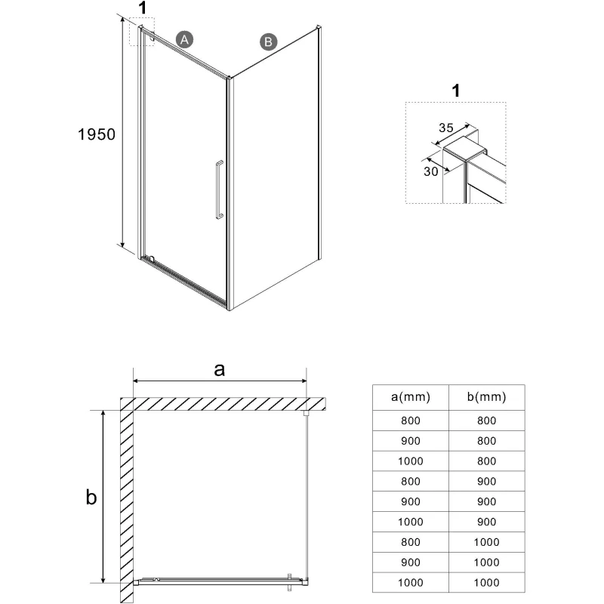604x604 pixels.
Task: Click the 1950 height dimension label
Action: tap(97, 134)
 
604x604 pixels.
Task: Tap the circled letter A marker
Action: tap(184, 40)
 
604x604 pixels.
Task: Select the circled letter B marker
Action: tap(269, 42)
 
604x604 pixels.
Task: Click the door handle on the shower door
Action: tap(219, 190)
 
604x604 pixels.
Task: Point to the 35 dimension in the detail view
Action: tap(446, 128)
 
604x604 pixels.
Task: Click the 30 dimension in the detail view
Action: tap(431, 171)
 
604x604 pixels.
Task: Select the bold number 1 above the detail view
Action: tap(456, 91)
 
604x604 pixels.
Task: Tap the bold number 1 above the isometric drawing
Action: tap(143, 8)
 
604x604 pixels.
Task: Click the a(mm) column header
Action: tap(411, 397)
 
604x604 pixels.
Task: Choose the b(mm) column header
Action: tap(486, 397)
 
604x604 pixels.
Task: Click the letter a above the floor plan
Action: tap(219, 369)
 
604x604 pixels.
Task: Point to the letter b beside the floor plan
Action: tap(91, 497)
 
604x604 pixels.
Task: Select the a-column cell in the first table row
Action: tap(411, 421)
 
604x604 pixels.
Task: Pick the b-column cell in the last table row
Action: tap(486, 582)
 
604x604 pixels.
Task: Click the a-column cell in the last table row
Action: tap(411, 582)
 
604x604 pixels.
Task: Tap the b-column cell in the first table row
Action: tap(486, 421)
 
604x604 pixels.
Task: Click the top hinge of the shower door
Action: tap(152, 37)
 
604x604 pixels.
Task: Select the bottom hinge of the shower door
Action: tap(152, 259)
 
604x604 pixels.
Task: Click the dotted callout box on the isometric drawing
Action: tap(142, 18)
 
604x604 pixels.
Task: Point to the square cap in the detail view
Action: tap(464, 149)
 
